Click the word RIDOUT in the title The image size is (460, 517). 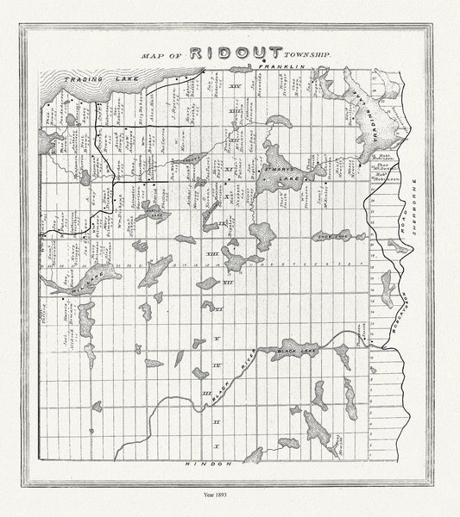(231, 53)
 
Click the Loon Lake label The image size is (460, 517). (331, 234)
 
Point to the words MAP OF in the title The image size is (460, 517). (161, 54)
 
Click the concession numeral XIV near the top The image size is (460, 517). (234, 87)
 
